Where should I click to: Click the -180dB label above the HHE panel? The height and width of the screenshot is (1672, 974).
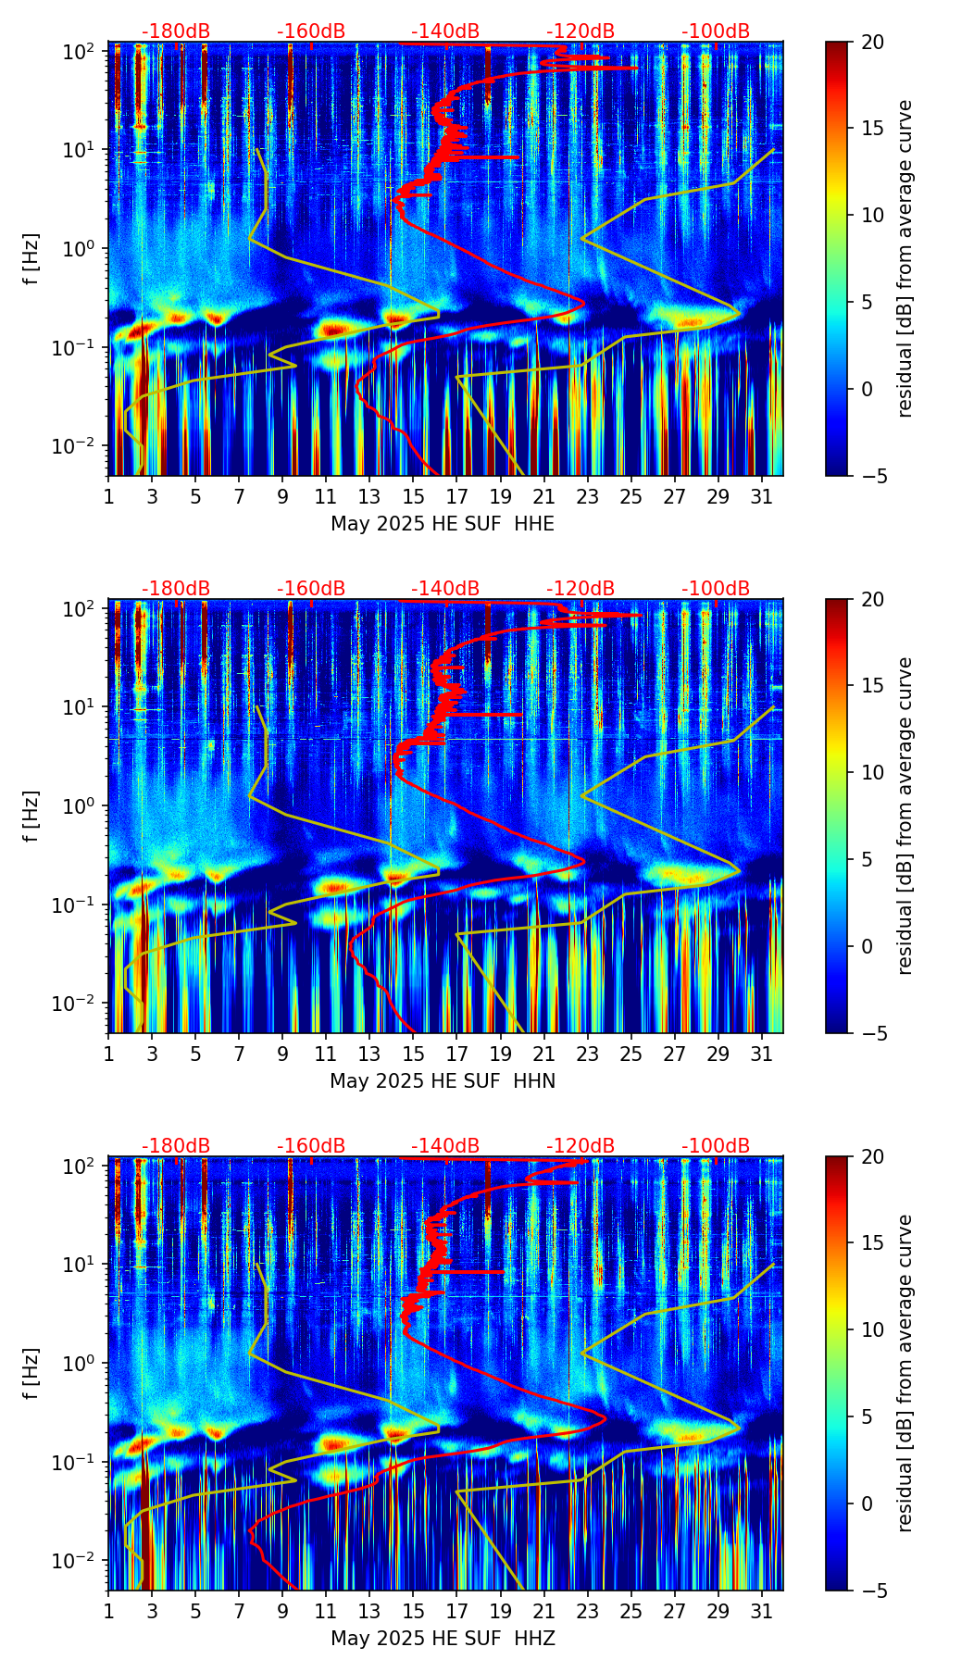[x=176, y=31]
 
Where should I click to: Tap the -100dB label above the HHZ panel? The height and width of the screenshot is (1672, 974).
[x=716, y=1146]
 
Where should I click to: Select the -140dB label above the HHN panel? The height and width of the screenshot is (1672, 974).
[x=445, y=589]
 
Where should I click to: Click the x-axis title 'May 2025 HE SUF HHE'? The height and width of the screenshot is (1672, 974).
[x=443, y=524]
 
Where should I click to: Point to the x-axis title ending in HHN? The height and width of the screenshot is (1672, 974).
[x=443, y=1081]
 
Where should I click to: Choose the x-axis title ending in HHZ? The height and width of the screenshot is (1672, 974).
[x=443, y=1639]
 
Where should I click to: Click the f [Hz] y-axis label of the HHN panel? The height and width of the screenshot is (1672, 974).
[x=32, y=816]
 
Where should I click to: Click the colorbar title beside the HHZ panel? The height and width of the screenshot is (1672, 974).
[x=905, y=1373]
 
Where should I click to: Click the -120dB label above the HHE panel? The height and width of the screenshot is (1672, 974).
[x=581, y=31]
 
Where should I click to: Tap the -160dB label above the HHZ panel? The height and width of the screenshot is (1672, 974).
[x=311, y=1146]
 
